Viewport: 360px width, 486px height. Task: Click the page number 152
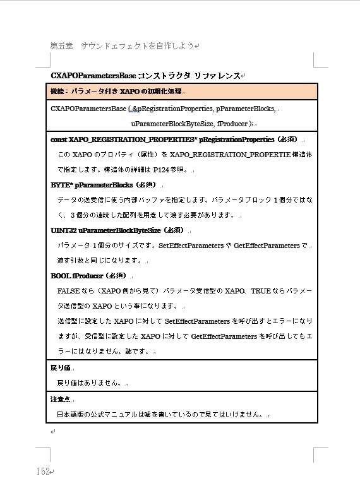pyautogui.click(x=43, y=471)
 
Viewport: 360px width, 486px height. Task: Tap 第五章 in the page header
pyautogui.click(x=62, y=46)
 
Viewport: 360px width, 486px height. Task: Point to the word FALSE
pyautogui.click(x=68, y=291)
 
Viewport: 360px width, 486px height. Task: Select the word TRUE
pyautogui.click(x=261, y=291)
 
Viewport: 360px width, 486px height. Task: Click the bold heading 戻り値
pyautogui.click(x=60, y=367)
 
